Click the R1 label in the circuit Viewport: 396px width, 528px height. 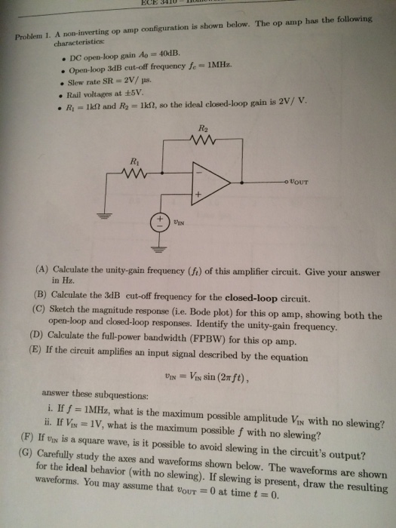[135, 160]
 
